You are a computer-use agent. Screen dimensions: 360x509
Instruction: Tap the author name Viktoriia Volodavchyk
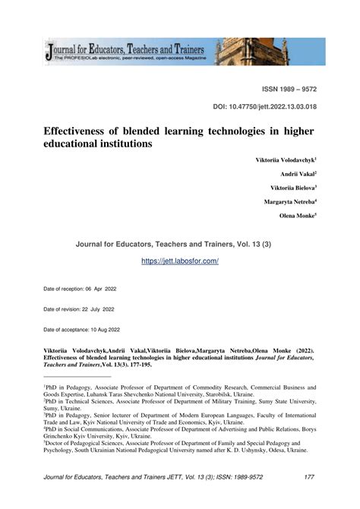coord(286,161)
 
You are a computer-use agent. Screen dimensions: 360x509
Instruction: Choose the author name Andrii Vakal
coord(298,174)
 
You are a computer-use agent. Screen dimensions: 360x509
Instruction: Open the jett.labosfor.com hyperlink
coord(180,261)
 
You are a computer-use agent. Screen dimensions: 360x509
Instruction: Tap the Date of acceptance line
coord(81,329)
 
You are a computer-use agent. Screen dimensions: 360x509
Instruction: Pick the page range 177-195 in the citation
coord(144,365)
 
